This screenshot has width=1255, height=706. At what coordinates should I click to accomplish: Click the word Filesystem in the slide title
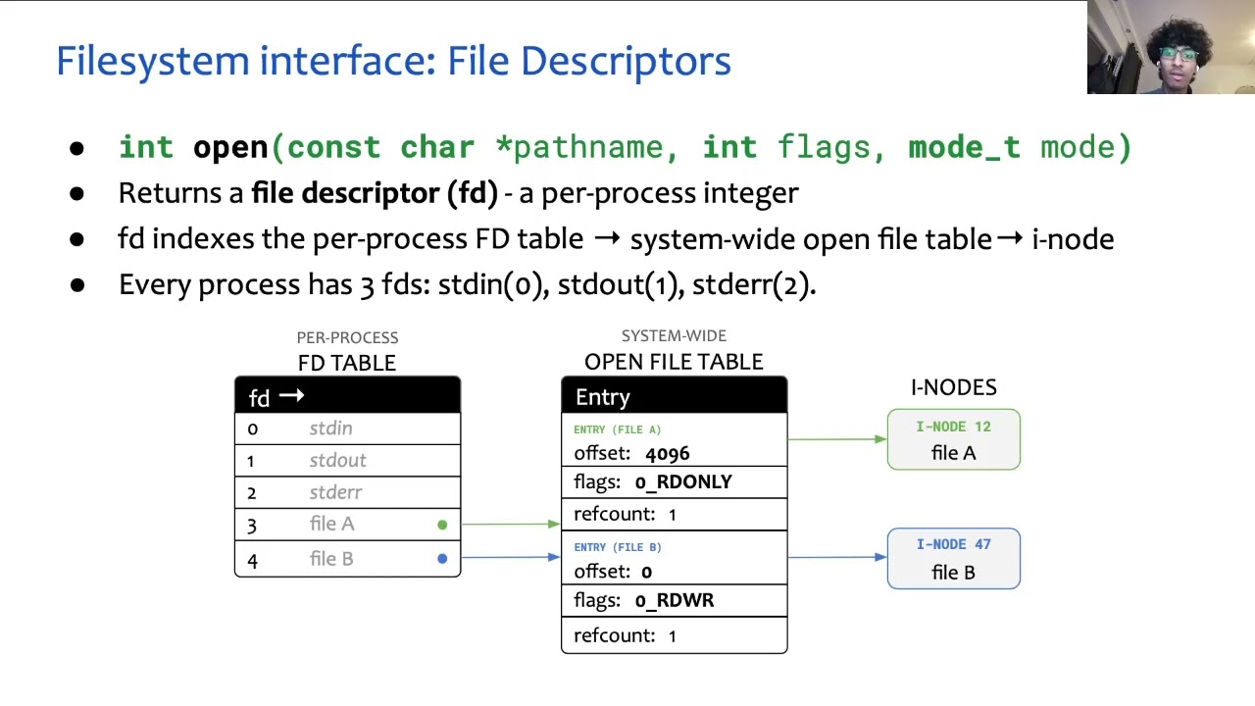point(153,61)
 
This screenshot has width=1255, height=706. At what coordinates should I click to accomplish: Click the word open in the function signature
point(230,147)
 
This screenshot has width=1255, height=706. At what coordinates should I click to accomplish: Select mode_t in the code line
point(964,147)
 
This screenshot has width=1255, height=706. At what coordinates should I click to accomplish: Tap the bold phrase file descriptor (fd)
point(374,193)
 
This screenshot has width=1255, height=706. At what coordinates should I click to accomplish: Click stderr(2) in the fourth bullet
point(752,284)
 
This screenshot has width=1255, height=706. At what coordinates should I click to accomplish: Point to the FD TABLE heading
point(347,363)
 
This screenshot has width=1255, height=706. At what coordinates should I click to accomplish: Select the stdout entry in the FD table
point(337,461)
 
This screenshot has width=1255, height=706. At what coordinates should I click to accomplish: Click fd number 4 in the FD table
point(252,560)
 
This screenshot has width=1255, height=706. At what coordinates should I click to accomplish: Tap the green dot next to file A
point(442,526)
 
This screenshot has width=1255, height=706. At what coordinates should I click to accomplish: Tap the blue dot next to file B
point(442,559)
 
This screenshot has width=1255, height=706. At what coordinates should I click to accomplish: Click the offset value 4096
point(667,454)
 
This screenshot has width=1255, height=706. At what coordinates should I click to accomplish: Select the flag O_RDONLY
point(682,482)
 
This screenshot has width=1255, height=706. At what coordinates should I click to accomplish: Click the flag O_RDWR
point(674,600)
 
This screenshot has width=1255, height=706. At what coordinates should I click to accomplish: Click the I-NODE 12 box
point(953,439)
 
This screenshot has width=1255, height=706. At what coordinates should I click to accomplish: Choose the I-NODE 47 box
point(953,559)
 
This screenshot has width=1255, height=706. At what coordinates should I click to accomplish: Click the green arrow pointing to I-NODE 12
point(836,439)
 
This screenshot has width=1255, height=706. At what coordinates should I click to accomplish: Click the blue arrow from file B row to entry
point(510,558)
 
